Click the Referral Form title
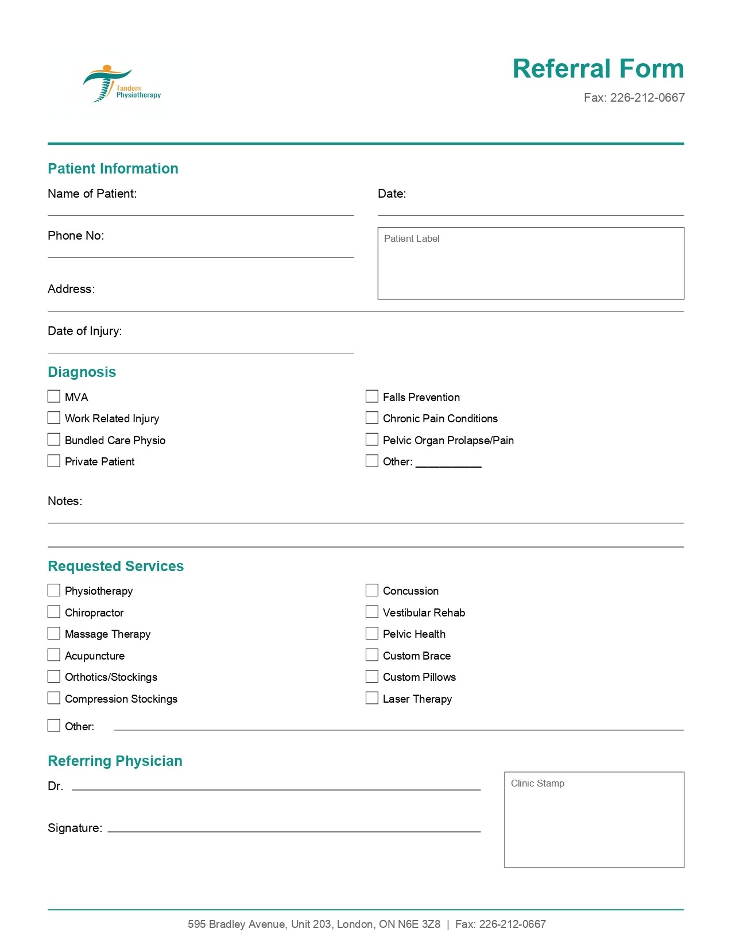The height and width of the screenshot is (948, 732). click(598, 68)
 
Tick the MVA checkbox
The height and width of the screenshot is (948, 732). click(54, 396)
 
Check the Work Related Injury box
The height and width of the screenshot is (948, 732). click(54, 418)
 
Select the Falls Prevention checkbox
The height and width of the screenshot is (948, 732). click(372, 396)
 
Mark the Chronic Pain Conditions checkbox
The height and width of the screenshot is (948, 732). click(372, 418)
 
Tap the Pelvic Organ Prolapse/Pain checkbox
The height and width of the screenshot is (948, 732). click(372, 440)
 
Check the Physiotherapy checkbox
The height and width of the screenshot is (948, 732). click(54, 590)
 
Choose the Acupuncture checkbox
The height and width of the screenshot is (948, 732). click(54, 655)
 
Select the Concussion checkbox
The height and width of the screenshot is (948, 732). click(372, 590)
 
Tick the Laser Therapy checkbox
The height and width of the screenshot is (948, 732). click(372, 698)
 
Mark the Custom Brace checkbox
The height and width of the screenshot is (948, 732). click(372, 655)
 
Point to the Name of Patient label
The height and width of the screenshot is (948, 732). click(92, 194)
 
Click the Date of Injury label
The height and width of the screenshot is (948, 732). click(85, 331)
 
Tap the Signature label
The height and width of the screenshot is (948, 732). click(75, 828)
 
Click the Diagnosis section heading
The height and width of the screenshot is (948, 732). click(82, 372)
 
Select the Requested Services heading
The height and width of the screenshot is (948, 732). click(116, 566)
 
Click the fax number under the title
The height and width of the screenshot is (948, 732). click(634, 98)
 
